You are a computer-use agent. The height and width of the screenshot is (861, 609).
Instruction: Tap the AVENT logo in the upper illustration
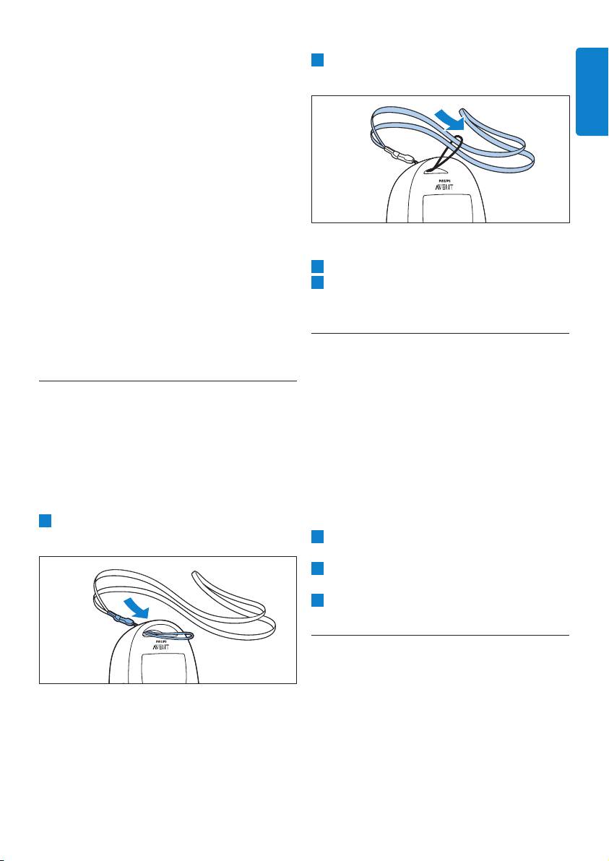[438, 186]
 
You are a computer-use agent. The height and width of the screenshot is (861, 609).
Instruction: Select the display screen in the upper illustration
[438, 209]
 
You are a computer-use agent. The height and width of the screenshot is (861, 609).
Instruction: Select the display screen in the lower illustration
[159, 669]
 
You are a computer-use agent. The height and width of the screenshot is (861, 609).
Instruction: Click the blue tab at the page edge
[592, 91]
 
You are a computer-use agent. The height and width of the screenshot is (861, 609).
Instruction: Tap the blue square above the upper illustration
[317, 60]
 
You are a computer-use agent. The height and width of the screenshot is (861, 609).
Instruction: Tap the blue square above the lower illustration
[45, 521]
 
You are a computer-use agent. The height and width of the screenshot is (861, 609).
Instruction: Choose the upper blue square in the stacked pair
[317, 267]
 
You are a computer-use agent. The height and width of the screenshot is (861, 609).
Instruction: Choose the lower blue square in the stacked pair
[317, 283]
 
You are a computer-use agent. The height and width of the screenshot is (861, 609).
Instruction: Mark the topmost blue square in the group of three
[317, 537]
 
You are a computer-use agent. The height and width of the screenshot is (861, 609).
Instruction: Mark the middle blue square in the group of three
[317, 568]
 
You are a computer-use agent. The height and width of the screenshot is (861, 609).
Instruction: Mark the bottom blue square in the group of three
[317, 600]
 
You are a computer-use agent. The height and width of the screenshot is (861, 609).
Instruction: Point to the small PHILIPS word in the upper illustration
[439, 178]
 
